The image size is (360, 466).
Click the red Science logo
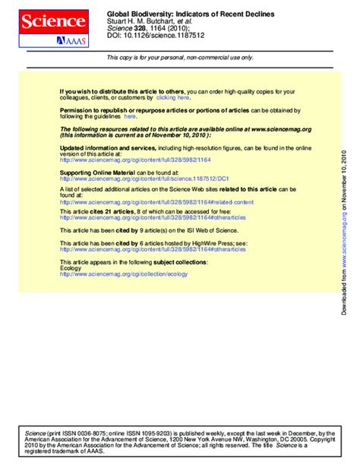pos(53,21)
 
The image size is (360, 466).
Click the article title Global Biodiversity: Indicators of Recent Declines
pos(191,14)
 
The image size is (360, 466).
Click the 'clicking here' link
pos(173,98)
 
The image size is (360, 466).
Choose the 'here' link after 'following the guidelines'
pos(130,116)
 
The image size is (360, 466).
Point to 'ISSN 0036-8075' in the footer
pos(83,433)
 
